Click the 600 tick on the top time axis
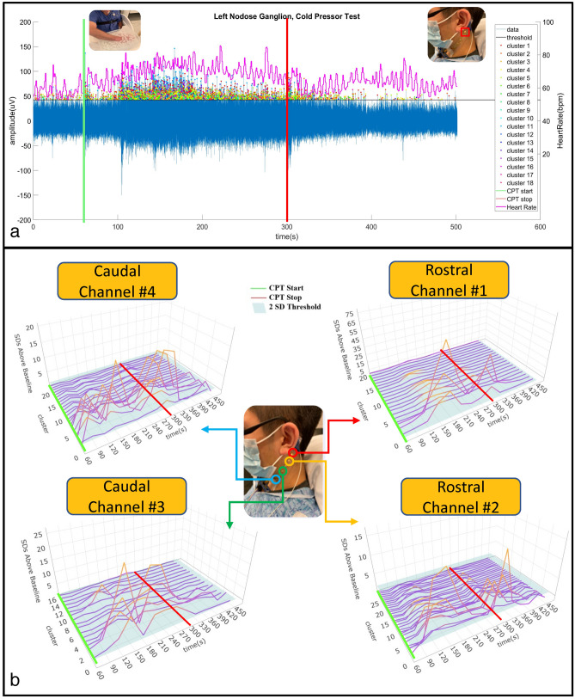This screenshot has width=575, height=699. tap(515, 227)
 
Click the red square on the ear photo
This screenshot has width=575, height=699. tap(465, 32)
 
